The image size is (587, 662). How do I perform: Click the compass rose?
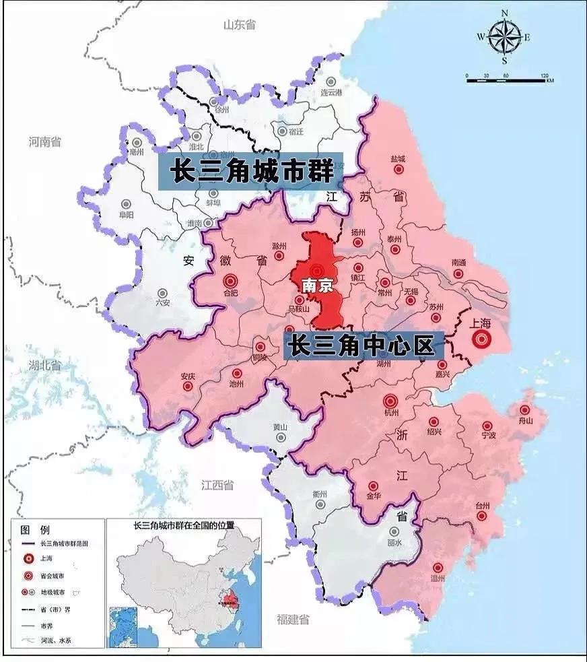tap(504, 38)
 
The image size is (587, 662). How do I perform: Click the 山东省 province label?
tap(240, 25)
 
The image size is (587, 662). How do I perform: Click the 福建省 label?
tap(293, 619)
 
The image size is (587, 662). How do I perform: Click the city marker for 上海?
tap(481, 340)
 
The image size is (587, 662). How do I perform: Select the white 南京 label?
tap(318, 286)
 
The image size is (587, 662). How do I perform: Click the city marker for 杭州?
tap(391, 401)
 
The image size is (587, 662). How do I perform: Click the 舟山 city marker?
tap(524, 410)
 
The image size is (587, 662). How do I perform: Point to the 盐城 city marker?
tap(398, 170)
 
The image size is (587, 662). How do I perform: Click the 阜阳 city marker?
tap(126, 203)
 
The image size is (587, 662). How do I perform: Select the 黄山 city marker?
tap(280, 437)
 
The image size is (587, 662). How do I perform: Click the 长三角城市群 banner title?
tap(252, 170)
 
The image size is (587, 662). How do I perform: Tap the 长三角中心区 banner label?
tap(361, 346)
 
